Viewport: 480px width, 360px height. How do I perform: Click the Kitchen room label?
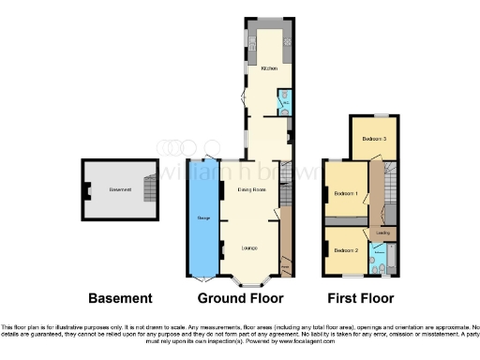(269, 69)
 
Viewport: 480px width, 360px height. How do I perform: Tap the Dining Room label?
(250, 190)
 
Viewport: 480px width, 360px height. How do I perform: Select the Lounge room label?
(249, 247)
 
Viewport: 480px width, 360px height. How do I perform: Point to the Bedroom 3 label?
(374, 139)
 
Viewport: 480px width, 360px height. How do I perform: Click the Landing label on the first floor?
(383, 232)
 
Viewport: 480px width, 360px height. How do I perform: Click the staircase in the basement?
(145, 177)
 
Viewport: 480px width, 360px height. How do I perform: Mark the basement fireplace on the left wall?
(86, 191)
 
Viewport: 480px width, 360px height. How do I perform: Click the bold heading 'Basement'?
(120, 298)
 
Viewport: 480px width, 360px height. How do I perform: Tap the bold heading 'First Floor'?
(361, 298)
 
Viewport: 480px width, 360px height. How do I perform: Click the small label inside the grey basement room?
(119, 190)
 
